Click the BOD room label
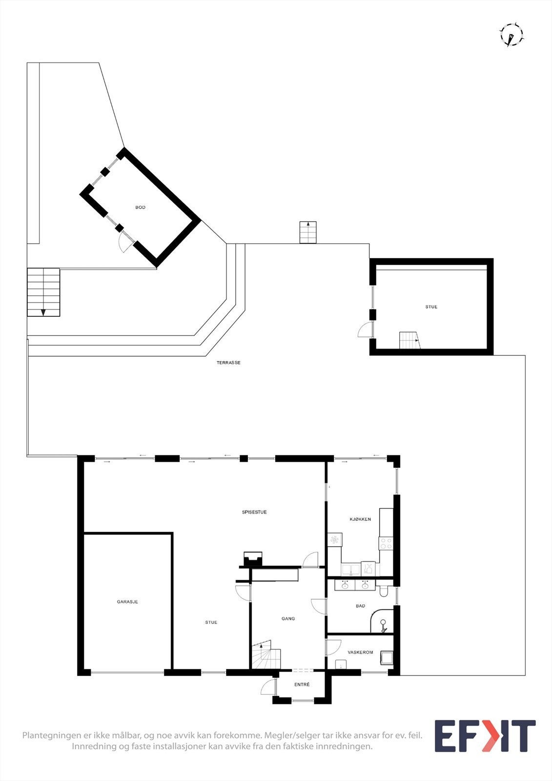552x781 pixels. click(140, 207)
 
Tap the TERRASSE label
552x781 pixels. click(228, 363)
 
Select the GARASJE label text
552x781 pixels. click(127, 602)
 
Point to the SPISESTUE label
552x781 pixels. click(254, 512)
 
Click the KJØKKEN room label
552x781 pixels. click(360, 519)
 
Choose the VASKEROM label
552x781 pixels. click(360, 652)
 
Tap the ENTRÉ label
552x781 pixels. click(302, 685)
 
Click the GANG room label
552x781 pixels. click(288, 618)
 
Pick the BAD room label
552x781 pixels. click(360, 606)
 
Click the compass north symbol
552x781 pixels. click(511, 35)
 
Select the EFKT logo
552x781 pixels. click(485, 736)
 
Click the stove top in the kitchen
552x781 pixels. click(386, 543)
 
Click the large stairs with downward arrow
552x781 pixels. click(43, 292)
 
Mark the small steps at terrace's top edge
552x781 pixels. click(308, 232)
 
